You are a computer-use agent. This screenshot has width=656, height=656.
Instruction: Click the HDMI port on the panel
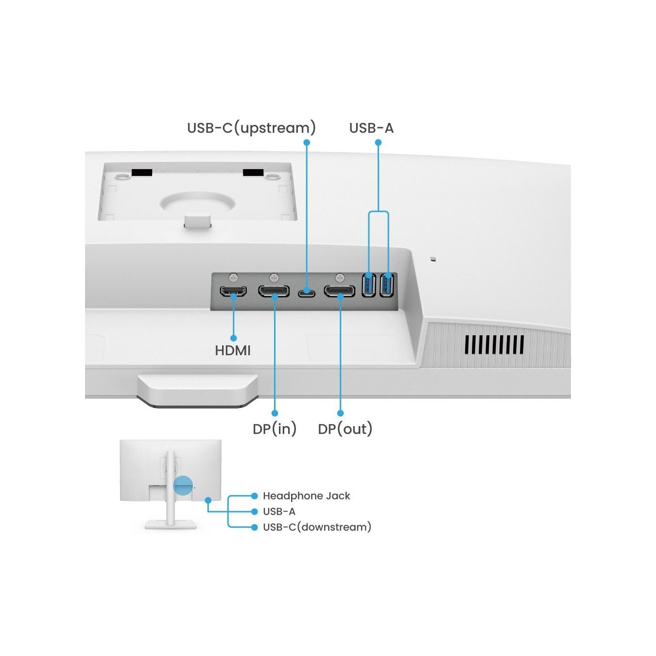(234, 291)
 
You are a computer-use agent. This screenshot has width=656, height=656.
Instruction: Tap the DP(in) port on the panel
(274, 291)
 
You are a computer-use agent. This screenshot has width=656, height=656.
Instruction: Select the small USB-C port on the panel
(307, 293)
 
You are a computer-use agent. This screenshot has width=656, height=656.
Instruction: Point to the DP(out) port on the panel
(339, 291)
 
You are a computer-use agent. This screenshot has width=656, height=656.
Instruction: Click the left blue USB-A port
(368, 285)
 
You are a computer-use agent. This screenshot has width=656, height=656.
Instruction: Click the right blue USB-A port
(387, 285)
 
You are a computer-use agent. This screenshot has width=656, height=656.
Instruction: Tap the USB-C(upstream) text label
(252, 128)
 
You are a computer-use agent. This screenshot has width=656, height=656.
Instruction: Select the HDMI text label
(233, 351)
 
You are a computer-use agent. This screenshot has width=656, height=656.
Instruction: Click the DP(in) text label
(275, 429)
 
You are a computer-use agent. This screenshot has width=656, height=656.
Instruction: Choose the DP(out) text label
(345, 429)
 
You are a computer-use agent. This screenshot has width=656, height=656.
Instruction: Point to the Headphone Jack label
(307, 496)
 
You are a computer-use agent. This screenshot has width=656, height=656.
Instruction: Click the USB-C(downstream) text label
(317, 527)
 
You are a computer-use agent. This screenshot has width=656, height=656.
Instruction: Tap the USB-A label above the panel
(371, 128)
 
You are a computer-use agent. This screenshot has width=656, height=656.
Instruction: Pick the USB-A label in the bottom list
(279, 512)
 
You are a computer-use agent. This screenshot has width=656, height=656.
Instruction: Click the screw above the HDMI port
(234, 278)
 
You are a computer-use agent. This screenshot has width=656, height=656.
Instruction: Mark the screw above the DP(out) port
(339, 278)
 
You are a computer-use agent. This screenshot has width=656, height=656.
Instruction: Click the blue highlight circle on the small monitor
(183, 485)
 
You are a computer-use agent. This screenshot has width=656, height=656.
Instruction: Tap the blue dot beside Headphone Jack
(254, 496)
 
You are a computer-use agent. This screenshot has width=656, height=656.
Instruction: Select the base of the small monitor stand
(171, 525)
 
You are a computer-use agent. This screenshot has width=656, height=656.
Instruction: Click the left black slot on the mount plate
(141, 173)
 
